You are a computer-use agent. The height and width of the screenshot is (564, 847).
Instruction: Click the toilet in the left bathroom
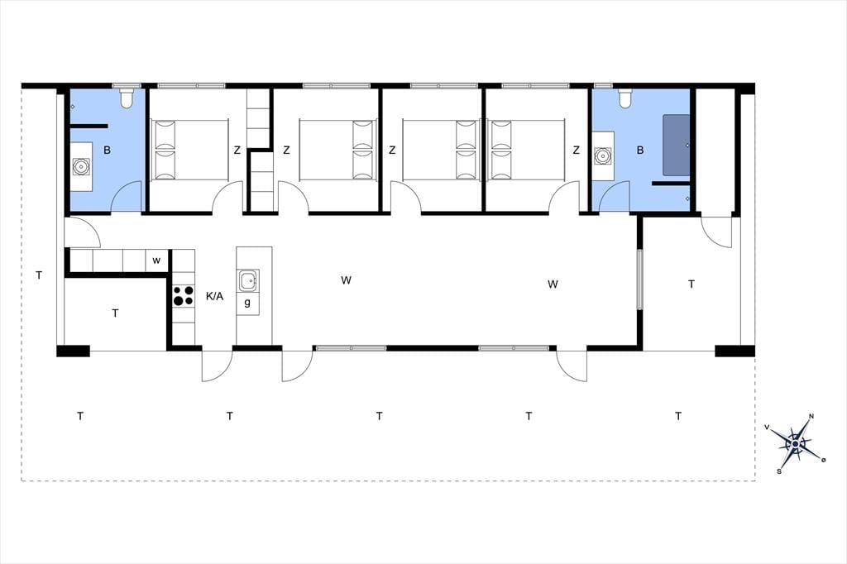[127, 98]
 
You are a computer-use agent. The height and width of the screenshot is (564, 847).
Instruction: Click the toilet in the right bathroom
[624, 98]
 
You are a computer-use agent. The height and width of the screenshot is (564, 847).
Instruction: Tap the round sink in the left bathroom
[81, 166]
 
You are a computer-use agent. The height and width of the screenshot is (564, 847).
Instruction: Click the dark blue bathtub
[677, 145]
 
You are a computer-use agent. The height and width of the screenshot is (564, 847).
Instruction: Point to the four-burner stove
[183, 296]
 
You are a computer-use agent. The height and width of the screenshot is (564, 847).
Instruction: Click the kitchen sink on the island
[248, 281]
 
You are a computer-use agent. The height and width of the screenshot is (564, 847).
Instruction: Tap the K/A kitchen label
[214, 296]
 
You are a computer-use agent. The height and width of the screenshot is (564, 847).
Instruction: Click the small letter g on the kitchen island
[247, 303]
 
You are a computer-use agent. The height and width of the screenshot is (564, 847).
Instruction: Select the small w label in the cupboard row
[156, 260]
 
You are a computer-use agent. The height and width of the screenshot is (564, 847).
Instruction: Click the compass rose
[795, 443]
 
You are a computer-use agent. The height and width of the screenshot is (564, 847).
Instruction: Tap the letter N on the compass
[811, 417]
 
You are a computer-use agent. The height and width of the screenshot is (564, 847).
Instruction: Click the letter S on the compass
[779, 471]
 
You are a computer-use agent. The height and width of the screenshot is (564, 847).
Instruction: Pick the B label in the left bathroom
[107, 151]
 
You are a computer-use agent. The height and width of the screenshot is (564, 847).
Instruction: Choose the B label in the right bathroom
[640, 151]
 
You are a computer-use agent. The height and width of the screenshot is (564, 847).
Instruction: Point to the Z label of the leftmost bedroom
[237, 151]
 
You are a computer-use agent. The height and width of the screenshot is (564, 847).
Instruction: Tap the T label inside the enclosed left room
[115, 313]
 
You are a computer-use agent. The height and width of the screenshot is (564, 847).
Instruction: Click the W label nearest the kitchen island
[347, 280]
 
